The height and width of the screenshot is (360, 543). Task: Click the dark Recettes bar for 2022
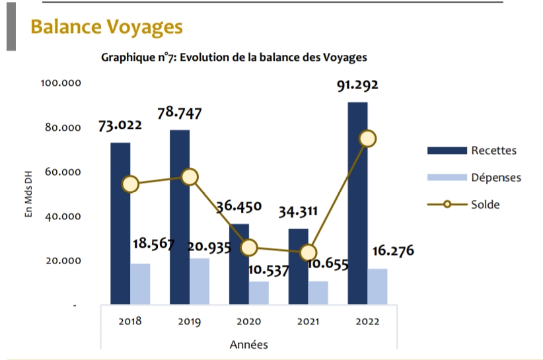pyautogui.click(x=357, y=205)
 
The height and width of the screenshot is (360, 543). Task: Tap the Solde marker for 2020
pyautogui.click(x=249, y=248)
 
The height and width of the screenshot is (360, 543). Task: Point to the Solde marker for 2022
pyautogui.click(x=367, y=139)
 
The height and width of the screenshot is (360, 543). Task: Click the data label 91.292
pyautogui.click(x=357, y=86)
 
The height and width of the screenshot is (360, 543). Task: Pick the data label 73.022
pyautogui.click(x=120, y=126)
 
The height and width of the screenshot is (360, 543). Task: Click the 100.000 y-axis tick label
pyautogui.click(x=61, y=83)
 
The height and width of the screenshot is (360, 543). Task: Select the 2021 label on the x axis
pyautogui.click(x=308, y=322)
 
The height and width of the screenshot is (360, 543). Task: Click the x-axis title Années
pyautogui.click(x=249, y=344)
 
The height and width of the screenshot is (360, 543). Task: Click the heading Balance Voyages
pyautogui.click(x=106, y=27)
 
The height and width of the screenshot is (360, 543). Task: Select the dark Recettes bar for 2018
pyautogui.click(x=120, y=225)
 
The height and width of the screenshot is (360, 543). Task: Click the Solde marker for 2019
pyautogui.click(x=190, y=177)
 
